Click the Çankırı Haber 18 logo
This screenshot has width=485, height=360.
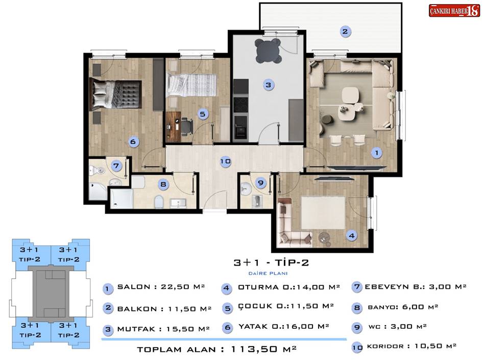pyautogui.click(x=454, y=11)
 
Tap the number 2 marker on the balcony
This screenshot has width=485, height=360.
pyautogui.click(x=345, y=31)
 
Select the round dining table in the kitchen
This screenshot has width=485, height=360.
pyautogui.click(x=268, y=51)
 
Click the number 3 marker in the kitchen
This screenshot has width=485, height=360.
pyautogui.click(x=268, y=85)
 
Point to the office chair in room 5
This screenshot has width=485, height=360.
pyautogui.click(x=186, y=126)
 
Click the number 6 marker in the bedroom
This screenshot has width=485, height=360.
pyautogui.click(x=133, y=141)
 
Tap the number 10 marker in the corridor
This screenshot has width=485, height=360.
pyautogui.click(x=226, y=161)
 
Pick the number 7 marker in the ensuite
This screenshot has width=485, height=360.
pyautogui.click(x=116, y=166)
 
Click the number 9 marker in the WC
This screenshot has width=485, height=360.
pyautogui.click(x=261, y=183)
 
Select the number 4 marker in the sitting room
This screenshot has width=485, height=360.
pyautogui.click(x=352, y=236)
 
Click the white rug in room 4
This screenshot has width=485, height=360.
pyautogui.click(x=323, y=212)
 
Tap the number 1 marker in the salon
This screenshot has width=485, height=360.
pyautogui.click(x=376, y=153)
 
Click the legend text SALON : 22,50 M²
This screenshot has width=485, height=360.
pyautogui.click(x=161, y=286)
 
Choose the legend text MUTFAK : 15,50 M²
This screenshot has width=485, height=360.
pyautogui.click(x=163, y=329)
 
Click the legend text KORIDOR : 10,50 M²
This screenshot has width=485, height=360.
pyautogui.click(x=411, y=346)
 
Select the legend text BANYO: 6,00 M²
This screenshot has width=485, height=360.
pyautogui.click(x=403, y=307)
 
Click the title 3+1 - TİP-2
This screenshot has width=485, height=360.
pyautogui.click(x=271, y=262)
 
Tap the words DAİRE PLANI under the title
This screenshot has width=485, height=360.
pyautogui.click(x=268, y=273)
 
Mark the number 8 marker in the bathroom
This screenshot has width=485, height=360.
pyautogui.click(x=163, y=185)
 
